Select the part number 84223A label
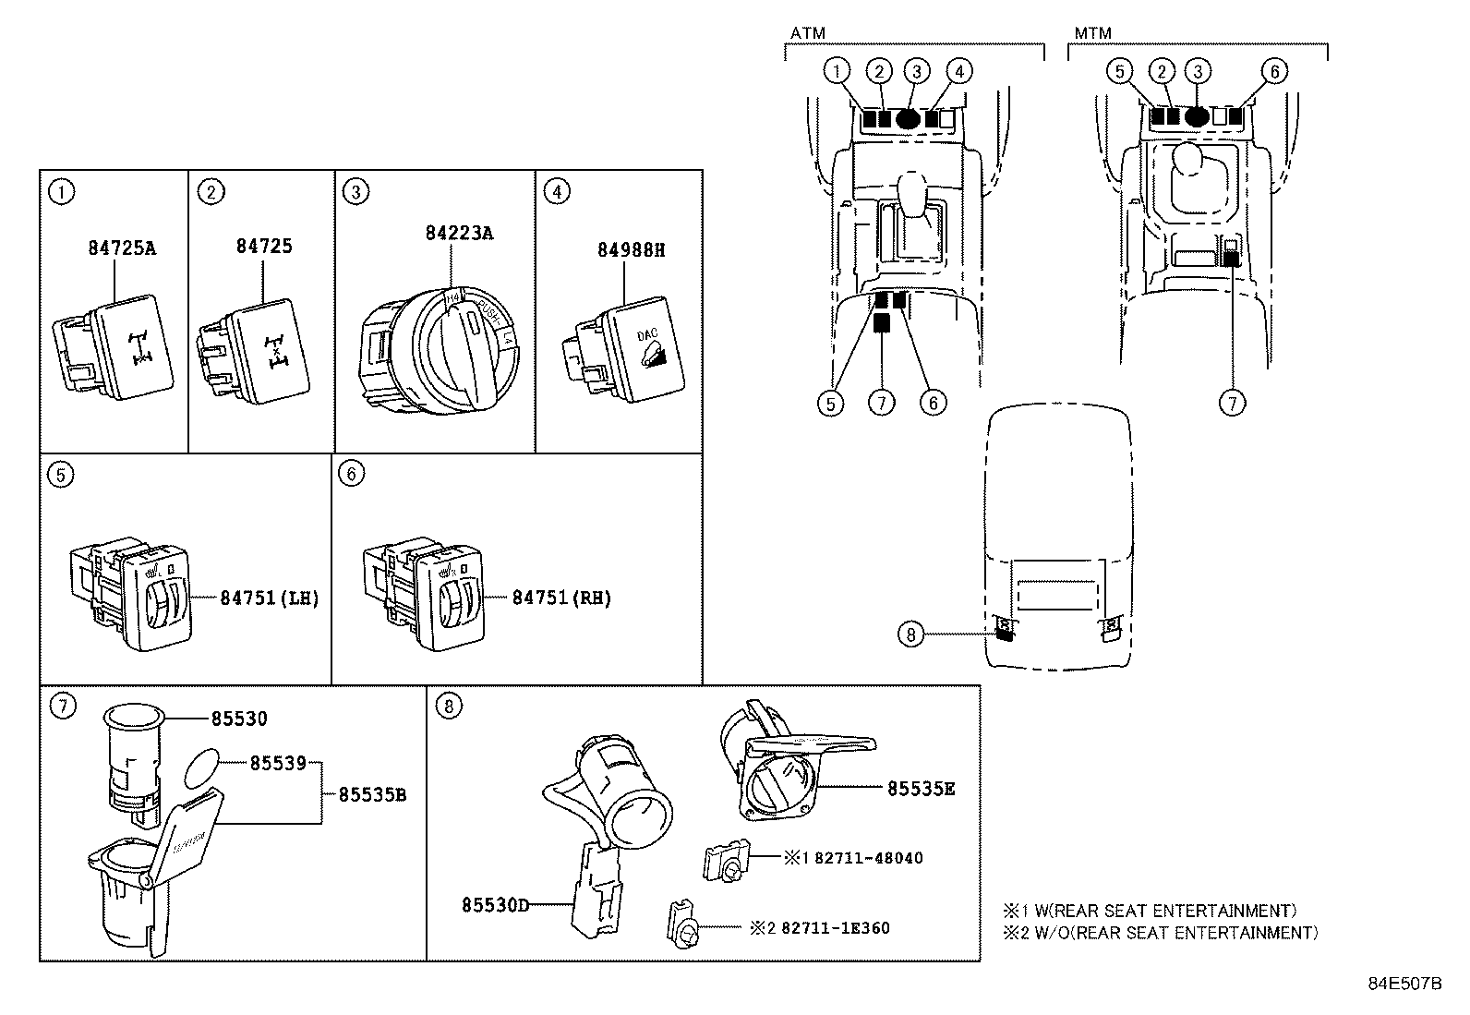(x=459, y=233)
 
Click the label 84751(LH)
(x=269, y=598)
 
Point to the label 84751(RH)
(x=561, y=598)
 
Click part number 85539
(x=277, y=764)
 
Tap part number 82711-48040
(x=868, y=858)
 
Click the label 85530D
(x=496, y=905)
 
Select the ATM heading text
(x=807, y=33)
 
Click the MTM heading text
(x=1092, y=33)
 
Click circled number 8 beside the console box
(x=910, y=634)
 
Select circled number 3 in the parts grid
(x=355, y=192)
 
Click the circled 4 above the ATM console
(x=959, y=70)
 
